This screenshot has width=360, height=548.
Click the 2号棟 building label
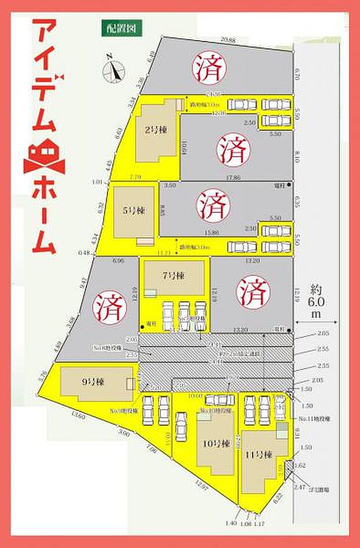(156, 130)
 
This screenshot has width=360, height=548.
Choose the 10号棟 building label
(213, 443)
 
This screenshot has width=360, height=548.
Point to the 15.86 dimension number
(212, 232)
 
